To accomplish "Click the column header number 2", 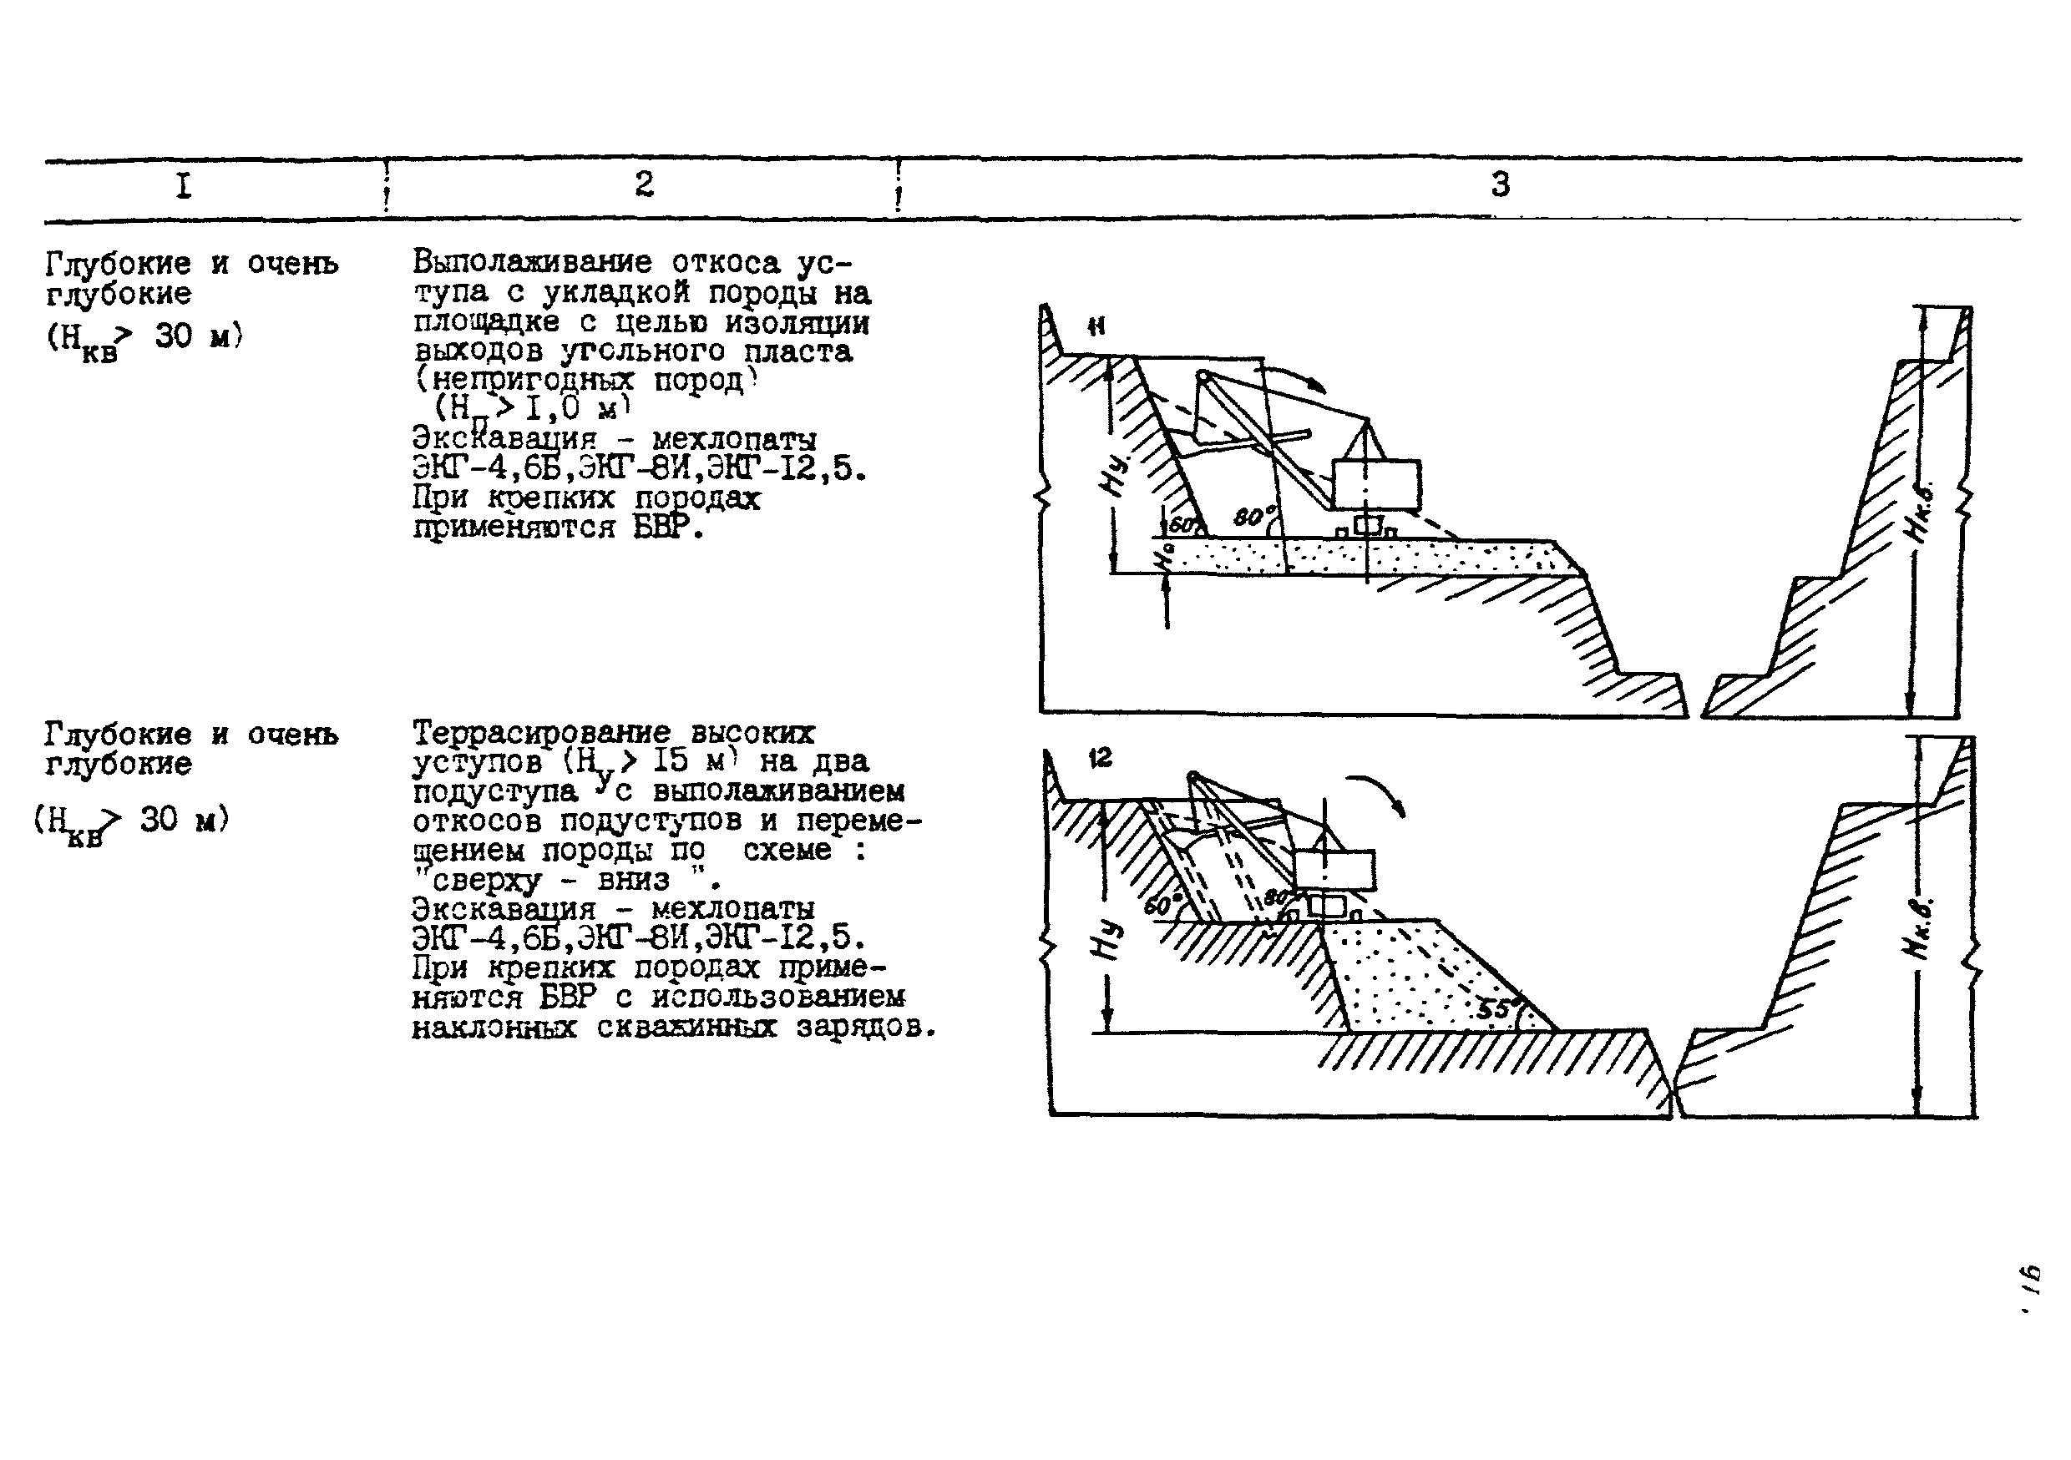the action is point(643,184).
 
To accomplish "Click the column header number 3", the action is point(1500,184).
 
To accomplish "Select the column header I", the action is point(183,187).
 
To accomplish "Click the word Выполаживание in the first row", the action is point(532,262).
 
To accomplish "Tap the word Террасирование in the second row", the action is point(541,732).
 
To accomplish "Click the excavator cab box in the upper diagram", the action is point(1376,484).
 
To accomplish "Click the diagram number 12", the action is point(1100,759).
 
